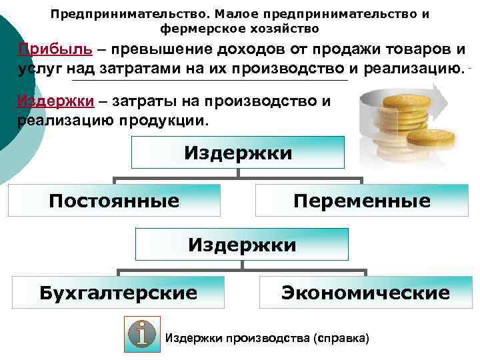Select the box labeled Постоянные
114,201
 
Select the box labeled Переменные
363,201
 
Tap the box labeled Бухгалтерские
118,293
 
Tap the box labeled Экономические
365,293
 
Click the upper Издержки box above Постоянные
238,153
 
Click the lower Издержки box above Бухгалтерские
242,245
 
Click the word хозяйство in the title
281,29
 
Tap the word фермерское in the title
199,29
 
